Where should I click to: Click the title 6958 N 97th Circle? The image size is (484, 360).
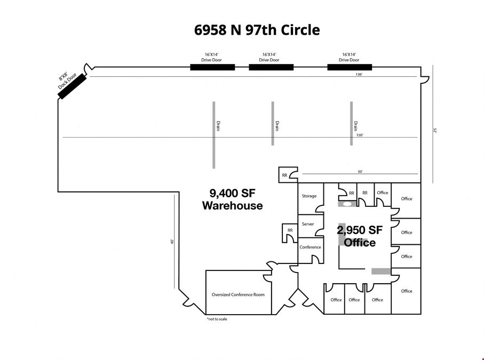click(x=257, y=30)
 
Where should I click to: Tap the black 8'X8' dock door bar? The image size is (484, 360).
click(x=72, y=86)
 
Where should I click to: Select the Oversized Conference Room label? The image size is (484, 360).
click(x=238, y=294)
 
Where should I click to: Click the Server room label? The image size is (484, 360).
click(x=308, y=224)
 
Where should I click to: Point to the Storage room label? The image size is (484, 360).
click(x=309, y=196)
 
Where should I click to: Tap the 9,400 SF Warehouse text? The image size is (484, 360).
click(x=233, y=199)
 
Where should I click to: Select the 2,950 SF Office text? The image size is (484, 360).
click(x=360, y=236)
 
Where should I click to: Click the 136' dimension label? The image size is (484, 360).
click(x=359, y=74)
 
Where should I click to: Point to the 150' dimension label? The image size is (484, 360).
click(x=360, y=135)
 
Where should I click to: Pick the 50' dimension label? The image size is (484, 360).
click(x=360, y=172)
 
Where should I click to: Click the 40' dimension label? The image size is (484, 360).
click(x=172, y=242)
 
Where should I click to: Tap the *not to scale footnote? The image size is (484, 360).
click(x=217, y=319)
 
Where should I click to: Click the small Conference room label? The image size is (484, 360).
click(x=310, y=247)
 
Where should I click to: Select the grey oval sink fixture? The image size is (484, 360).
click(x=347, y=204)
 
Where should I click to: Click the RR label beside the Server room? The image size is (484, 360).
click(x=290, y=230)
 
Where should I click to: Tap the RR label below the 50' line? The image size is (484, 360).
click(x=284, y=175)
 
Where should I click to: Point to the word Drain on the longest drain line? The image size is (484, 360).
click(x=218, y=125)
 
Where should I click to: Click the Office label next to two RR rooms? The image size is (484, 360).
click(x=383, y=193)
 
